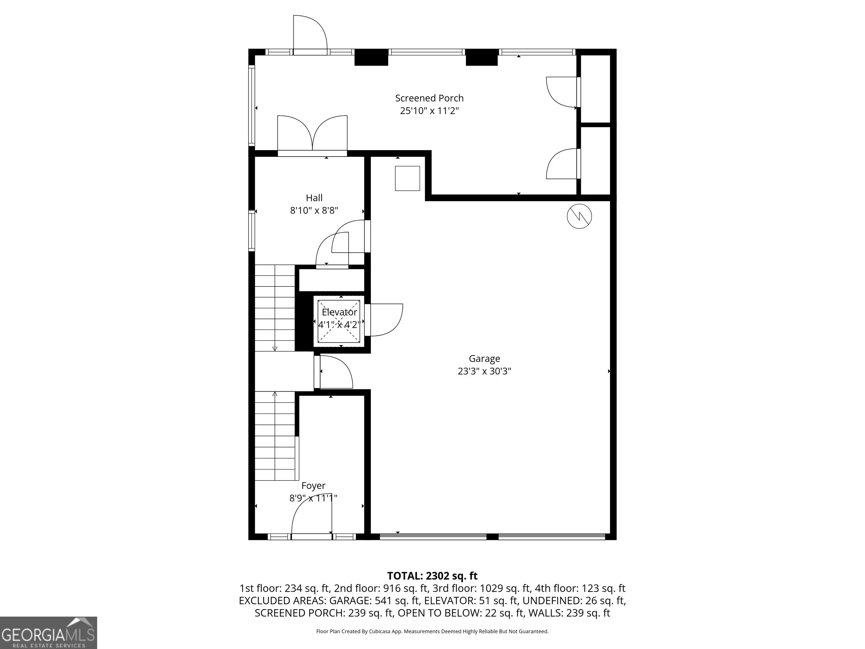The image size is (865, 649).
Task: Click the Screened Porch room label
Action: pyautogui.click(x=429, y=98)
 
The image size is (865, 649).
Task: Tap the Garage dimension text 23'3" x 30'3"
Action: pyautogui.click(x=485, y=371)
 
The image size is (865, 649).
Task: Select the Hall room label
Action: pyautogui.click(x=314, y=198)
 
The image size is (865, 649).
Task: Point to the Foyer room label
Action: pyautogui.click(x=313, y=486)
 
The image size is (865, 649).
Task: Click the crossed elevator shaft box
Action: pyautogui.click(x=339, y=321)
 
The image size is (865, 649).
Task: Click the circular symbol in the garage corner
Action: pyautogui.click(x=579, y=216)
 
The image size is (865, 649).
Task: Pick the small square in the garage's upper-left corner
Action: pyautogui.click(x=407, y=178)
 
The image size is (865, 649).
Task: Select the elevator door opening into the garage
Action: pyautogui.click(x=384, y=320)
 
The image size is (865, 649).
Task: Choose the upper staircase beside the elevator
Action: pyautogui.click(x=275, y=308)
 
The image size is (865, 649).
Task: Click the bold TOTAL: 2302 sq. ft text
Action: pyautogui.click(x=432, y=576)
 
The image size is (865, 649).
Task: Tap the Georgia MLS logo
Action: pyautogui.click(x=48, y=633)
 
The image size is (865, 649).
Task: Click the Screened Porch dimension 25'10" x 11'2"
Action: pyautogui.click(x=429, y=111)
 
